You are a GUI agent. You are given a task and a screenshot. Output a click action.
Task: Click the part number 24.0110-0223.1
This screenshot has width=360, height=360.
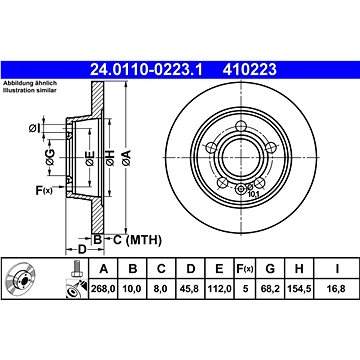[x=146, y=70]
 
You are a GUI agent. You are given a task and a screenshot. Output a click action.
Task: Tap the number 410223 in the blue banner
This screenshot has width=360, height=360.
[x=250, y=70]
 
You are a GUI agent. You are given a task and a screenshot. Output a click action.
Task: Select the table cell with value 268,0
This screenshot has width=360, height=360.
[x=103, y=289]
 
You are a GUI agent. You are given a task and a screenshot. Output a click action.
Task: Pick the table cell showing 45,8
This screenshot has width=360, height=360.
[x=190, y=289]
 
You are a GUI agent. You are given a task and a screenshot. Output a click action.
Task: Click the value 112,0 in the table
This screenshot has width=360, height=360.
[x=219, y=289]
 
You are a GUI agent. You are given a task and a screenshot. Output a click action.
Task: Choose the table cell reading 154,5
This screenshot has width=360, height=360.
[x=299, y=289]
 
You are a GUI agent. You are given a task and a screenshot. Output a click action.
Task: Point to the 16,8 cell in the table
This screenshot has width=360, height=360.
[x=337, y=289]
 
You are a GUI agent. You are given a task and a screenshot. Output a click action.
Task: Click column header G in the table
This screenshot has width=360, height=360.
[x=270, y=268]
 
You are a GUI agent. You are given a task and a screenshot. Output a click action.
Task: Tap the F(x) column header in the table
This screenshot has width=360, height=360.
[x=245, y=268]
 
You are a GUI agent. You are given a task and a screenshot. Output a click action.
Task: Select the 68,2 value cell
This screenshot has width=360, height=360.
[x=270, y=289]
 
